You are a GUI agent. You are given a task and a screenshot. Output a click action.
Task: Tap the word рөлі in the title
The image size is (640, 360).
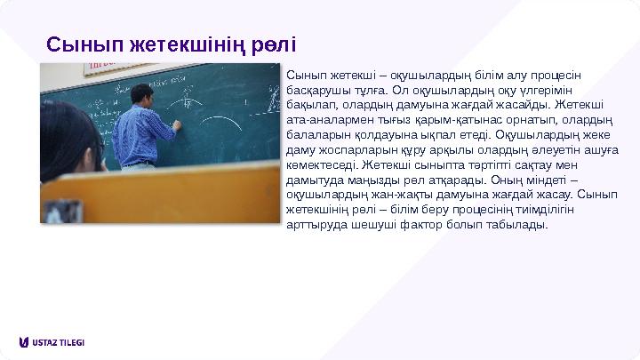tap(271, 44)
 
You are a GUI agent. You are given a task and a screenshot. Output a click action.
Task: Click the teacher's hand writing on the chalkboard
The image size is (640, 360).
tap(179, 126)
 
